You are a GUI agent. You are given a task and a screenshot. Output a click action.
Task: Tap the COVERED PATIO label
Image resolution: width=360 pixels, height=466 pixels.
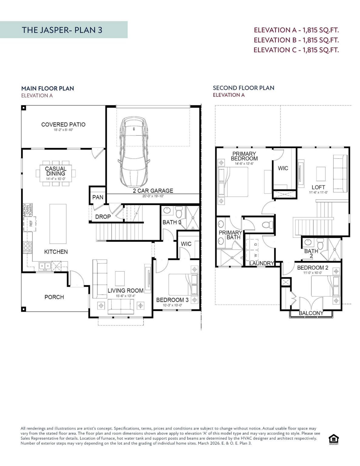(x=63, y=124)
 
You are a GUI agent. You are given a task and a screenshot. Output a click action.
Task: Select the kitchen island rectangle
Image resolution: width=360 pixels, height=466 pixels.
(x=58, y=224)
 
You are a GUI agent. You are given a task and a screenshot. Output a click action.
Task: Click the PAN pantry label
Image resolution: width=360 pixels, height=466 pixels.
(x=98, y=197)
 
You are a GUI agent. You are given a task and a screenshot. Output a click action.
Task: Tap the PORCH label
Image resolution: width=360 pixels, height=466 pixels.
(x=54, y=297)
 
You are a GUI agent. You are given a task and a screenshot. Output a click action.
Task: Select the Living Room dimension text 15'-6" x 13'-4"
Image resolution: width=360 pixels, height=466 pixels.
(x=125, y=296)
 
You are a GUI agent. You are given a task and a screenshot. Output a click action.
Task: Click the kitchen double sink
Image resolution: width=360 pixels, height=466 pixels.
(x=45, y=266)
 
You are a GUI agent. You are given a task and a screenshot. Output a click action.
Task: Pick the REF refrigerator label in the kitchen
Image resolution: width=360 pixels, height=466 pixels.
(x=31, y=224)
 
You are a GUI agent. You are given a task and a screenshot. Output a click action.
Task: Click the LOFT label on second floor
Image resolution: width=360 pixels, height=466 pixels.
(x=318, y=187)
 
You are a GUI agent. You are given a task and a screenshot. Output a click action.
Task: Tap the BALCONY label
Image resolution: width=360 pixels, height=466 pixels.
(x=311, y=313)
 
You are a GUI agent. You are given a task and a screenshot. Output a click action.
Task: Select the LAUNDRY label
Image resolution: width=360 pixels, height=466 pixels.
(x=261, y=263)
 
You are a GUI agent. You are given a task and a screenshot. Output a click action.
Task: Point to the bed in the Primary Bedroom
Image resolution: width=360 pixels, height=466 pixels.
(x=233, y=182)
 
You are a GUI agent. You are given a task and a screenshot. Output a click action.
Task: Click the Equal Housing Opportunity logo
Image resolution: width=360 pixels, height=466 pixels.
(x=334, y=439)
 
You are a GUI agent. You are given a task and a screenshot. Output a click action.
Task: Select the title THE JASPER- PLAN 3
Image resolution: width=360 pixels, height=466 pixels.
(x=62, y=30)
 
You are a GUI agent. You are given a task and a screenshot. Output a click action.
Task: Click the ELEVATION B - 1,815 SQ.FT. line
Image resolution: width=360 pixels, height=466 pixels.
(x=296, y=40)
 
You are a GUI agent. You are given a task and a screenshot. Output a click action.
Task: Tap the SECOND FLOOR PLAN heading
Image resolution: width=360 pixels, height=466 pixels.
(x=243, y=88)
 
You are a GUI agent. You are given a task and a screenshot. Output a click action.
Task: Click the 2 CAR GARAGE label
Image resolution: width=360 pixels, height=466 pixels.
(x=153, y=191)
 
